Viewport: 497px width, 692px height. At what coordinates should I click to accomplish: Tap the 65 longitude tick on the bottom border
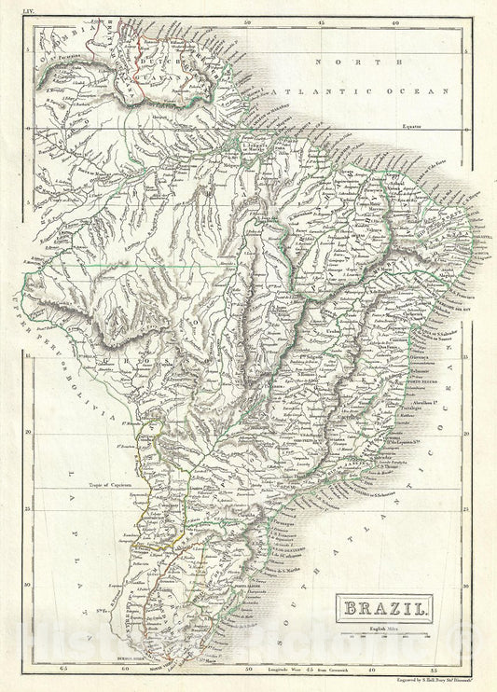click(x=63, y=668)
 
